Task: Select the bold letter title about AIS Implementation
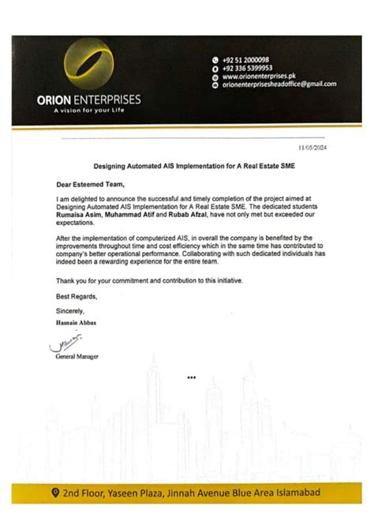tap(187, 167)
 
